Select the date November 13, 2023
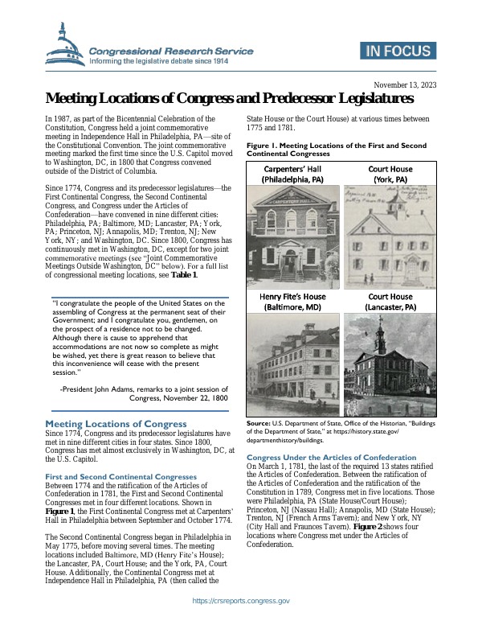(x=405, y=84)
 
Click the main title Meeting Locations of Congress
(x=229, y=99)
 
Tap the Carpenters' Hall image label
(x=294, y=175)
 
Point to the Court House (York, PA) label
(x=390, y=175)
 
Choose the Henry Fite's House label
(x=294, y=302)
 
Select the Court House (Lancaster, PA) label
(x=390, y=302)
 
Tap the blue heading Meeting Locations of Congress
(x=116, y=424)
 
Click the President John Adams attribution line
(x=144, y=393)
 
